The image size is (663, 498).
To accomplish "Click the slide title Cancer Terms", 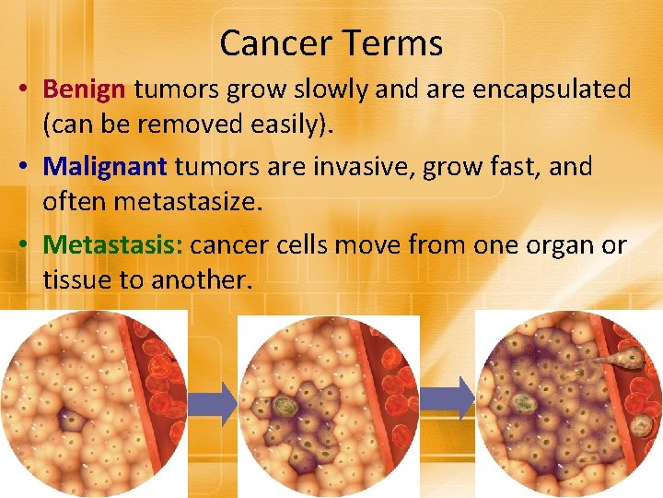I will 331,42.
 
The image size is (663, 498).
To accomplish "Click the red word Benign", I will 84,89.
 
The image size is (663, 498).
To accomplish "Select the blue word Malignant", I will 105,167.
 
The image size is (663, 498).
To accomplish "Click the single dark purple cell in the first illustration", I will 71,422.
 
